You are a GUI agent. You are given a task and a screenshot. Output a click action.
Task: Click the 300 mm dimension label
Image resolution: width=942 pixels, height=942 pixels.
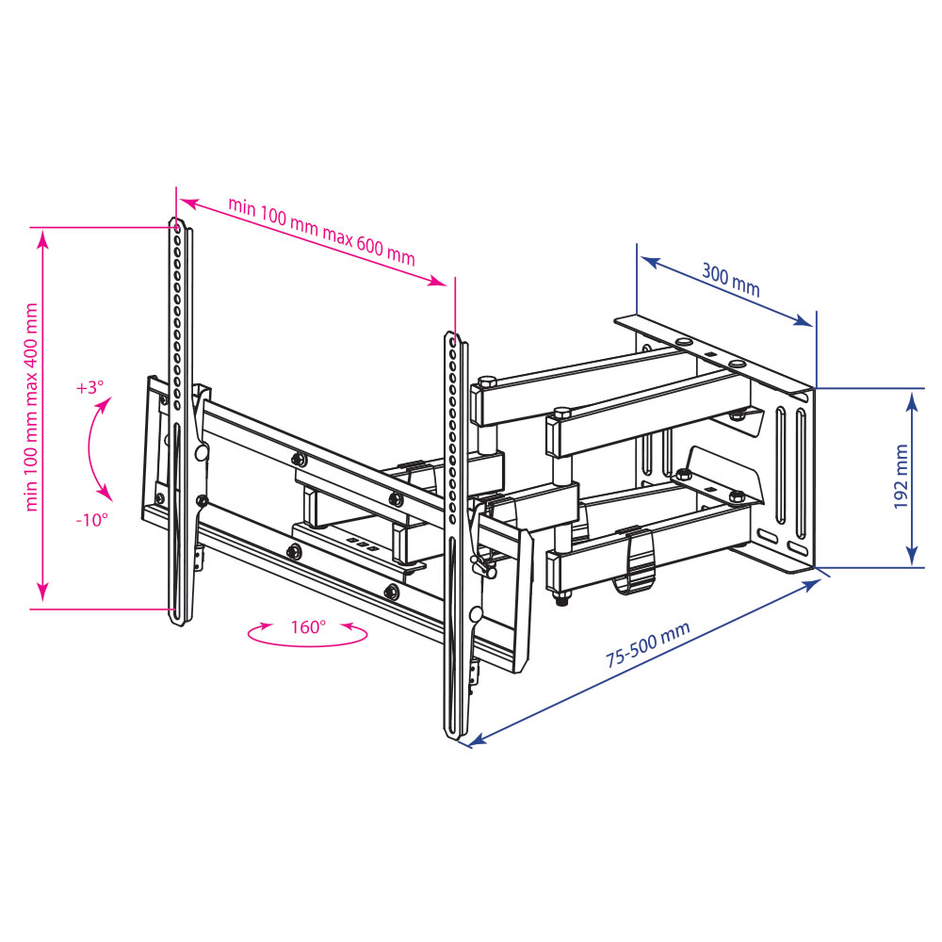[x=730, y=281]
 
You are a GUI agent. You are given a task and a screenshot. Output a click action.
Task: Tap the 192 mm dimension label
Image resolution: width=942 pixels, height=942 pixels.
[x=901, y=477]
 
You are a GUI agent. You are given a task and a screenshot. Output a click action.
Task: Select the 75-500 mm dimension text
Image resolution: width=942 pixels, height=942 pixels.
[x=648, y=645]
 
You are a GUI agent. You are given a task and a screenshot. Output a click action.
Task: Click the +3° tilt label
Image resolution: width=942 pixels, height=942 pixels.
[x=91, y=388]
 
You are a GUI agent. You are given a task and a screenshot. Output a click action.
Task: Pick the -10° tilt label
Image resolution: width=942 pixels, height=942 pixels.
[x=93, y=519]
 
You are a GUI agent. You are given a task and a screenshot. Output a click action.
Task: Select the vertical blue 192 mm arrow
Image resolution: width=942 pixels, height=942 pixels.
[x=912, y=479]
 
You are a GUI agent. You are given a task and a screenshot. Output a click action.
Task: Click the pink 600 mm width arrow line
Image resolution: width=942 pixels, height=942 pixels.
[x=311, y=241]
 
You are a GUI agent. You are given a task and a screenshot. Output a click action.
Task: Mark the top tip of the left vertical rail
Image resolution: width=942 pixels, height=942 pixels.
[x=176, y=222]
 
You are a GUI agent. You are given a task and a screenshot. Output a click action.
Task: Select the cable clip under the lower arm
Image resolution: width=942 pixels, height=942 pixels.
[x=638, y=565]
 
